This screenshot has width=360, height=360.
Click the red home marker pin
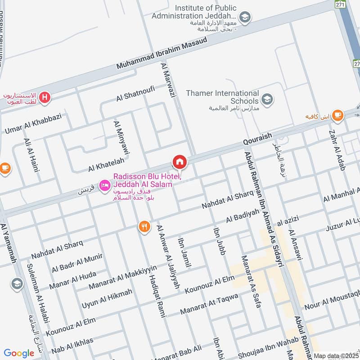point(179,161)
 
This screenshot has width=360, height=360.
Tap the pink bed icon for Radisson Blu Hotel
point(104,185)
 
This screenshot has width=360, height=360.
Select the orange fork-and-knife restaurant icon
point(144,227)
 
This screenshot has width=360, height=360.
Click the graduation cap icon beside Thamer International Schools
point(267,99)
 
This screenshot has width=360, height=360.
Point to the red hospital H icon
point(45,97)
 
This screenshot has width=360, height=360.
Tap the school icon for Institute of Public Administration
point(245,18)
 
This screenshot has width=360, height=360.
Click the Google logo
point(19,353)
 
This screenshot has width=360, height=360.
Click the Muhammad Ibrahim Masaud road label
point(162,53)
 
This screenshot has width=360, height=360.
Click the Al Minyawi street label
point(122,138)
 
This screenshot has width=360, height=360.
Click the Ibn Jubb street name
point(218,238)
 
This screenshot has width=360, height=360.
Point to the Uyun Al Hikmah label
point(107,298)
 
